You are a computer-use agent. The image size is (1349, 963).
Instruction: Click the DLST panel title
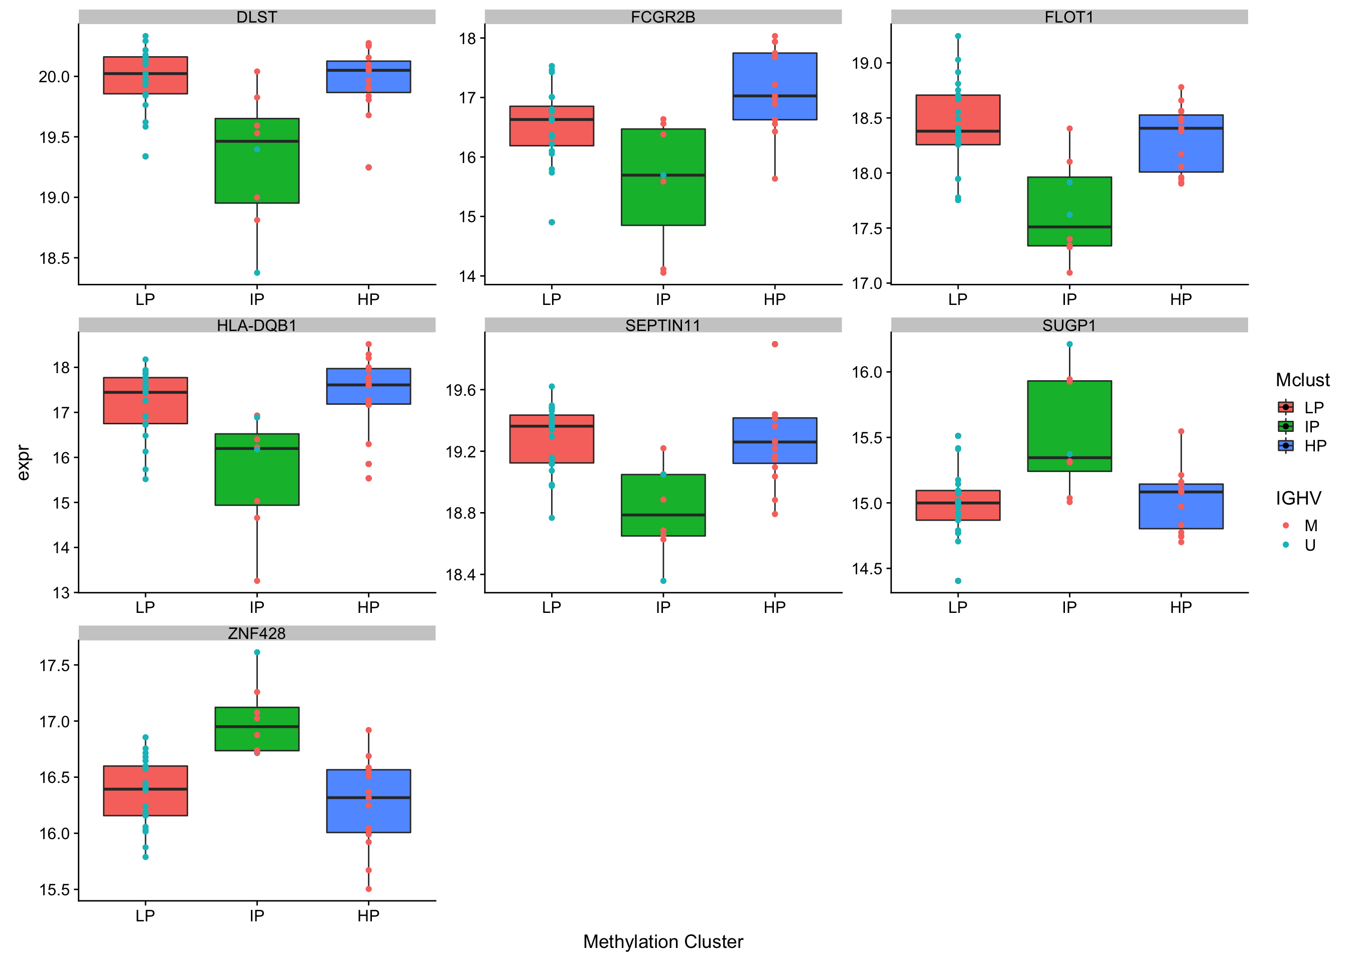click(256, 17)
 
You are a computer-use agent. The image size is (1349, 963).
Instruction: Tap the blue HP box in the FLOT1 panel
click(1180, 143)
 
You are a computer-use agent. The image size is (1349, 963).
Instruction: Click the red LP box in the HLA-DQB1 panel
click(146, 400)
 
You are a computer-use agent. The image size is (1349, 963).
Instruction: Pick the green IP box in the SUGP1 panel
click(1069, 426)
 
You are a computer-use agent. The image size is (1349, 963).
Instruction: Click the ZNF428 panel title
click(256, 633)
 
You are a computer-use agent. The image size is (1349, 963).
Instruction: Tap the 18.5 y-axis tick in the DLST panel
click(55, 258)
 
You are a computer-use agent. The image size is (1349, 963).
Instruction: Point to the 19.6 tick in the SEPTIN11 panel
click(461, 390)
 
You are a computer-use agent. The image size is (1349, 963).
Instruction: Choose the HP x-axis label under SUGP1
click(1180, 607)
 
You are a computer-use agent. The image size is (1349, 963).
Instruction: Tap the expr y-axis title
click(23, 462)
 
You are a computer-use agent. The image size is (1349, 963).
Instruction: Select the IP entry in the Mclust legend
click(1312, 426)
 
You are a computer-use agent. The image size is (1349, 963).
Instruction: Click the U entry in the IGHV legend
click(1310, 545)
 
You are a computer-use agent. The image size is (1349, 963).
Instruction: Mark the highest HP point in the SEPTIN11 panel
click(775, 344)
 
